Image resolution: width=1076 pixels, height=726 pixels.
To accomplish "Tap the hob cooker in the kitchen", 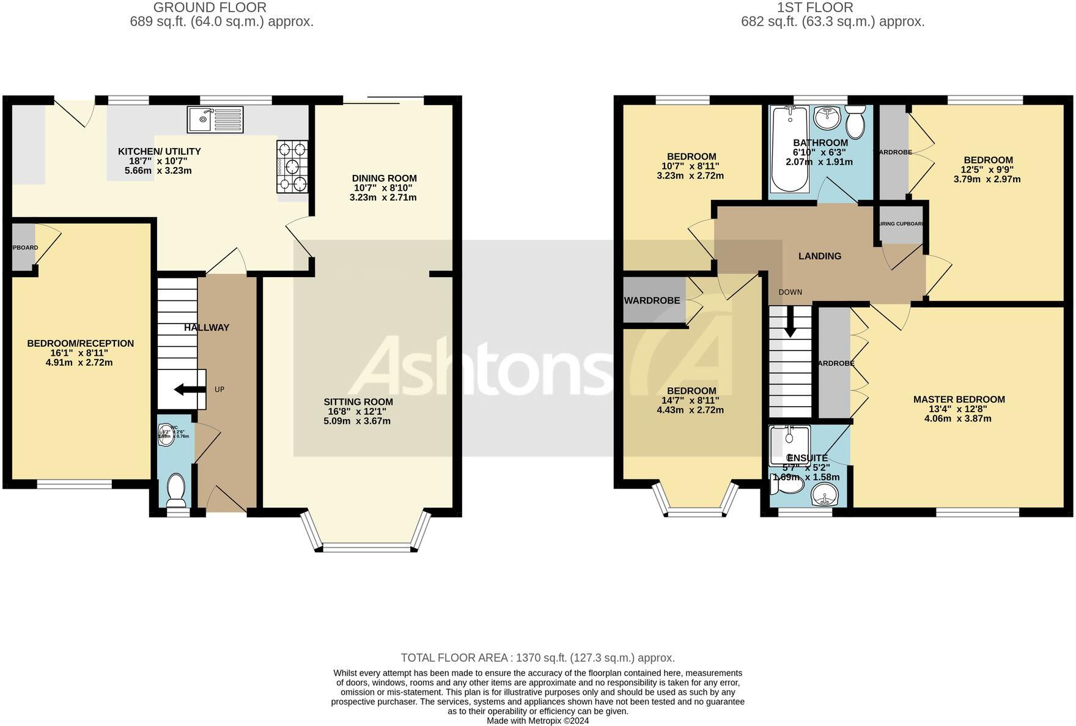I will coord(293,166).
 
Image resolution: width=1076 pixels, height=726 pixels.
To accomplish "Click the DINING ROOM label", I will coord(384,179).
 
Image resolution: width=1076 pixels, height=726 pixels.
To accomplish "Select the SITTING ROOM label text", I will coord(358,402).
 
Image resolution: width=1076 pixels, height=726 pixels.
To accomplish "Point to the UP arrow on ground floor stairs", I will coord(182,389).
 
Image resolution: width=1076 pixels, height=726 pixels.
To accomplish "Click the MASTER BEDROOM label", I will coord(959,399).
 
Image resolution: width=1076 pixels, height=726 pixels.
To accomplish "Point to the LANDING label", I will coord(820,256).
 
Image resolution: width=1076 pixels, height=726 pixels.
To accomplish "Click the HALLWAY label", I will coord(207,328).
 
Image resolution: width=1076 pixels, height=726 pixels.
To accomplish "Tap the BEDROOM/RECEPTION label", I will coord(80,344).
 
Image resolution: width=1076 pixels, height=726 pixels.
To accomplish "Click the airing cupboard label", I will coord(901,224).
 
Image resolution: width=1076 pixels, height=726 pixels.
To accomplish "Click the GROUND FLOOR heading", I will coord(210,8).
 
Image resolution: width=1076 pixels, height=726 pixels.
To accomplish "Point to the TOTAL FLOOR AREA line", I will coord(537,658).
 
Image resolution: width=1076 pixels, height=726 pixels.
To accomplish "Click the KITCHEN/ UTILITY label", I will coord(159,152).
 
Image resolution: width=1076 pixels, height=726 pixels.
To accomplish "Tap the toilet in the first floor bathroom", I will coord(855,122).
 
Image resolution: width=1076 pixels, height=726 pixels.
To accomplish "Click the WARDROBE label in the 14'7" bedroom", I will coord(652,301).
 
